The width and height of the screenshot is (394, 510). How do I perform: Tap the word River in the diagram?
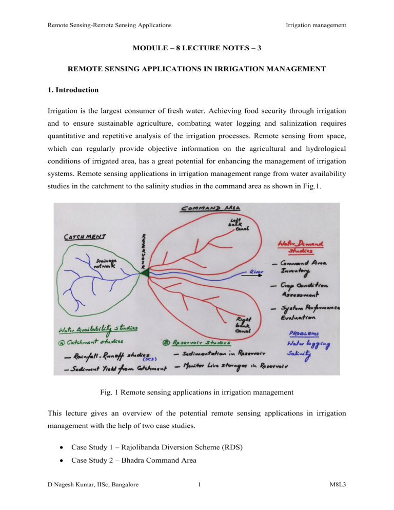tap(259, 271)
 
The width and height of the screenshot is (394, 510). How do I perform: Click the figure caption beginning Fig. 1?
tap(197, 392)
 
